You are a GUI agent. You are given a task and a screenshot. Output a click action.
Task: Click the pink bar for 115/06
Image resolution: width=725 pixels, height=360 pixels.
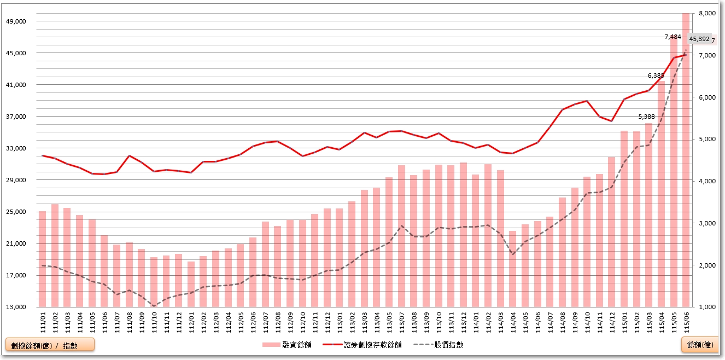[x=686, y=160]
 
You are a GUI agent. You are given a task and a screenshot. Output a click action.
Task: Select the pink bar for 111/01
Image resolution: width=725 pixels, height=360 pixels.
[x=43, y=259]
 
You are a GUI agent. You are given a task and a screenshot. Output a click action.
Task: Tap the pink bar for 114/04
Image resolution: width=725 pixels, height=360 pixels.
[x=513, y=269]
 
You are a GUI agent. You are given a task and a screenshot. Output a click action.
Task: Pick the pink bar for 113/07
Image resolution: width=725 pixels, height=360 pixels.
[x=401, y=236]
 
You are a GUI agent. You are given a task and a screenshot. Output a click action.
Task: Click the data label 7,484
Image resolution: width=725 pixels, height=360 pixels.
[x=673, y=37]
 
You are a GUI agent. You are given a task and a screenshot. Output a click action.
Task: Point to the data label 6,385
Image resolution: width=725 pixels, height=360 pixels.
[x=656, y=76]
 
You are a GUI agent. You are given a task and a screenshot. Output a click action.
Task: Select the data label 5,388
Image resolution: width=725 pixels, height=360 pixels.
[x=646, y=117]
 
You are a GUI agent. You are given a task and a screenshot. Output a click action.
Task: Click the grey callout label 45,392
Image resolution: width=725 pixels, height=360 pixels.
[x=699, y=39]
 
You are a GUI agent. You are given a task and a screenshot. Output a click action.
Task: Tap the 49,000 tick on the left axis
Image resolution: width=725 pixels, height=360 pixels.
[x=16, y=21]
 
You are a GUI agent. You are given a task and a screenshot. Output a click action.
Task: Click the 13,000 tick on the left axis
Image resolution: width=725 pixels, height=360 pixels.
[x=16, y=307]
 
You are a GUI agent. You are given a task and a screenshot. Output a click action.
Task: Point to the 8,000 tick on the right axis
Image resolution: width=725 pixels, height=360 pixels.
[x=707, y=13]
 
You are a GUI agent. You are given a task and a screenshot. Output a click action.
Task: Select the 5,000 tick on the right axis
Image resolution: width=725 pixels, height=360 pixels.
[x=707, y=139]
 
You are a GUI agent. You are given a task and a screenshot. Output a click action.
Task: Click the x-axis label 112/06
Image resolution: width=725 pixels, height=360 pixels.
[x=253, y=322]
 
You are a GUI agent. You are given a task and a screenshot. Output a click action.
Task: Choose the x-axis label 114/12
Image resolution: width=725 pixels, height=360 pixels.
[x=612, y=322]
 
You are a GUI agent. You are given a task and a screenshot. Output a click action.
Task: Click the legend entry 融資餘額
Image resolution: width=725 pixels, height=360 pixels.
[x=287, y=345]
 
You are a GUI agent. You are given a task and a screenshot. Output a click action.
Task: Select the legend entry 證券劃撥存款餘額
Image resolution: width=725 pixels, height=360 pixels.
[x=362, y=345]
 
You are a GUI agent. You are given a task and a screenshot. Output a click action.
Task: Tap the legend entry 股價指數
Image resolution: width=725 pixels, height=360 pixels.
[x=438, y=345]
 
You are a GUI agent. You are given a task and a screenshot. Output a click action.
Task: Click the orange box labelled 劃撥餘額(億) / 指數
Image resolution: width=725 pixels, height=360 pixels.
[x=50, y=345]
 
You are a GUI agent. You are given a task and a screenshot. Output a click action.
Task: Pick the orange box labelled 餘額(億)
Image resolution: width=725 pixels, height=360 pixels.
[x=700, y=345]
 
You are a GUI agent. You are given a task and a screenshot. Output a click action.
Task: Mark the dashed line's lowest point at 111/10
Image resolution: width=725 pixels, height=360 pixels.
[x=154, y=306]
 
